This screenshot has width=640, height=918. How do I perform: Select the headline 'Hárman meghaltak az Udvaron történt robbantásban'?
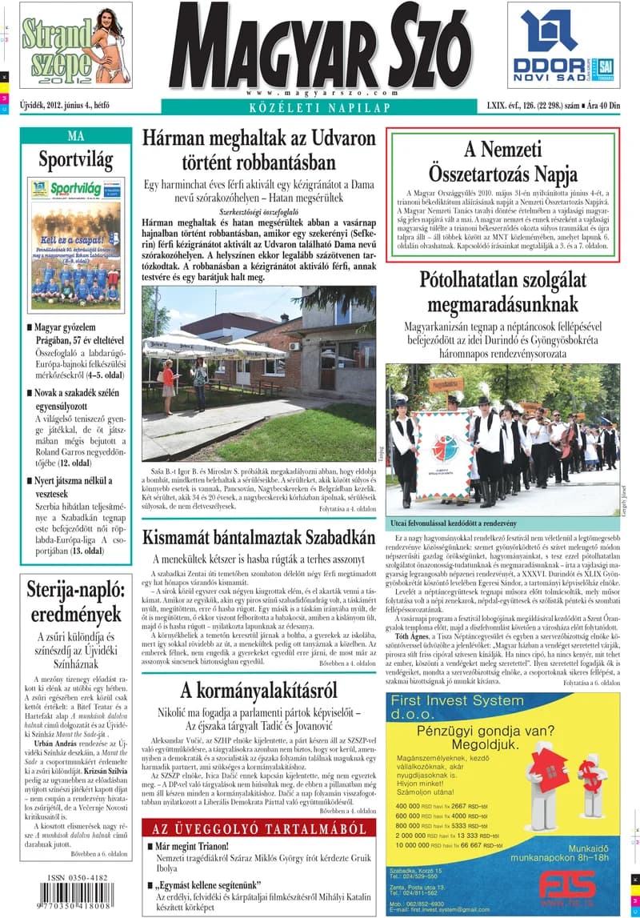point(261,150)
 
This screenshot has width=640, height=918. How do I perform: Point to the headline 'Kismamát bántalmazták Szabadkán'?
point(258,537)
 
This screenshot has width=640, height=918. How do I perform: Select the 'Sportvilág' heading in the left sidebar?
point(75,159)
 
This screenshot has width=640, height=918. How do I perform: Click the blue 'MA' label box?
point(75,135)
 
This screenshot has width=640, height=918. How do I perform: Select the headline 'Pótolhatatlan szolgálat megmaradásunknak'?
point(502,292)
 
